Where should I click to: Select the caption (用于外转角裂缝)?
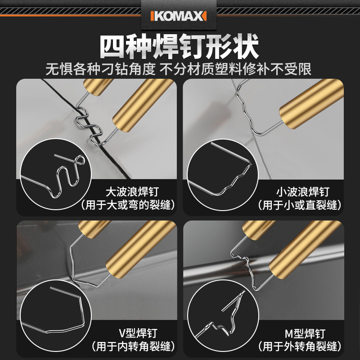coord(299,346)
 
